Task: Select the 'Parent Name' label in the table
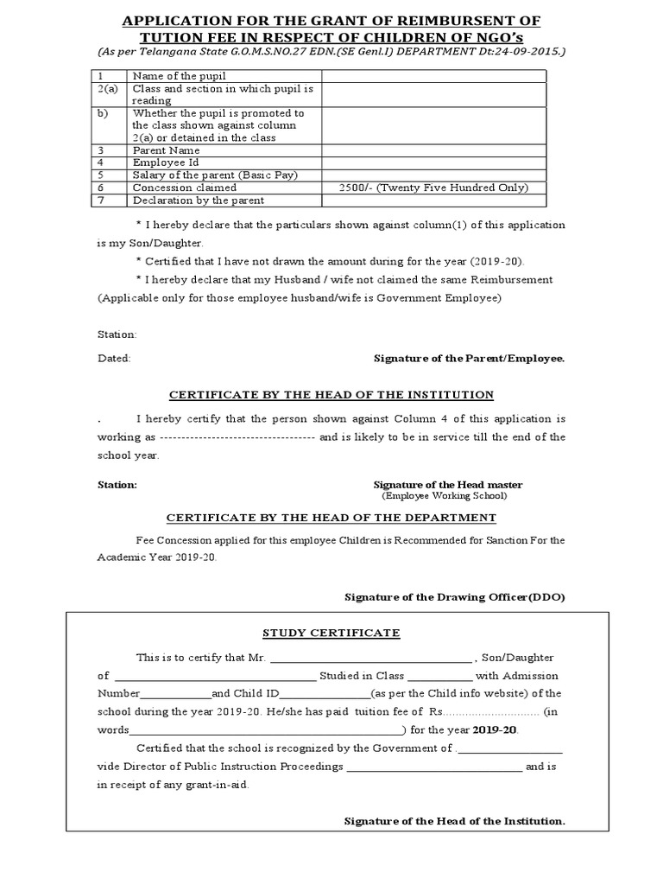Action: click(x=166, y=150)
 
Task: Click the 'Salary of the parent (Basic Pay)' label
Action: click(x=215, y=175)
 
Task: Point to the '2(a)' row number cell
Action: click(x=108, y=89)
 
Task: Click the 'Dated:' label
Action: click(x=113, y=358)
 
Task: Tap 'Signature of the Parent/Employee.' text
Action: click(x=469, y=358)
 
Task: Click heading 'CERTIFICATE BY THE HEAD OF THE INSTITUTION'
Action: click(x=331, y=395)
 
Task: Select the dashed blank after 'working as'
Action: click(x=237, y=437)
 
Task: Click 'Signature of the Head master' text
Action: click(x=447, y=485)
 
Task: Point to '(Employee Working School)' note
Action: click(x=445, y=496)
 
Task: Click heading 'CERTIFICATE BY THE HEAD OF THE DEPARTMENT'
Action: click(x=331, y=518)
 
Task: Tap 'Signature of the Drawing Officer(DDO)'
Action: click(x=455, y=596)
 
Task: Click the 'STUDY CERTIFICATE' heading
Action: click(x=331, y=633)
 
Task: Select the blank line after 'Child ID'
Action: click(x=325, y=695)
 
